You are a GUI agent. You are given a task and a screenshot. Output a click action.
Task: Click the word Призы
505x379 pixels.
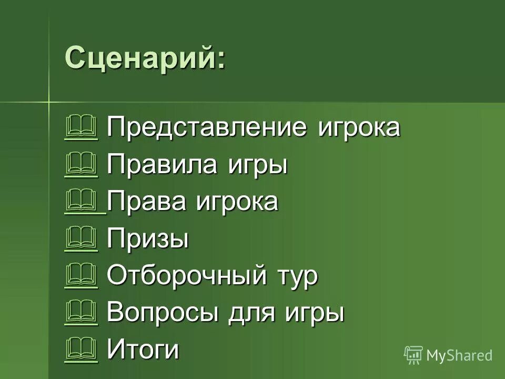pyautogui.click(x=148, y=240)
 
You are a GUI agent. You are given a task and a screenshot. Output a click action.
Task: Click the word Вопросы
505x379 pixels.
pyautogui.click(x=163, y=313)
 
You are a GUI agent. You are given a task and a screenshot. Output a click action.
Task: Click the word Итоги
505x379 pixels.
pyautogui.click(x=143, y=350)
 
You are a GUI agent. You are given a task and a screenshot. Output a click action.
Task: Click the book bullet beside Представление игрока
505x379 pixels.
pyautogui.click(x=81, y=128)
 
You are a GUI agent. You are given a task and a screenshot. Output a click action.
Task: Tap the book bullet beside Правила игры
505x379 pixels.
pyautogui.click(x=81, y=165)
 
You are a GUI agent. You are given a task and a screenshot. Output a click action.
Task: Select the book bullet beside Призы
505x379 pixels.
pyautogui.click(x=81, y=239)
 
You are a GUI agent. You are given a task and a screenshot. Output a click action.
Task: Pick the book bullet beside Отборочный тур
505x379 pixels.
pyautogui.click(x=81, y=276)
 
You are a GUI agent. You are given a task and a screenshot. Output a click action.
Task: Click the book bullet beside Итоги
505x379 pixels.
pyautogui.click(x=81, y=350)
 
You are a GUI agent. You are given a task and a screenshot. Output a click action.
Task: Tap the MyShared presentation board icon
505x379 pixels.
pyautogui.click(x=413, y=355)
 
